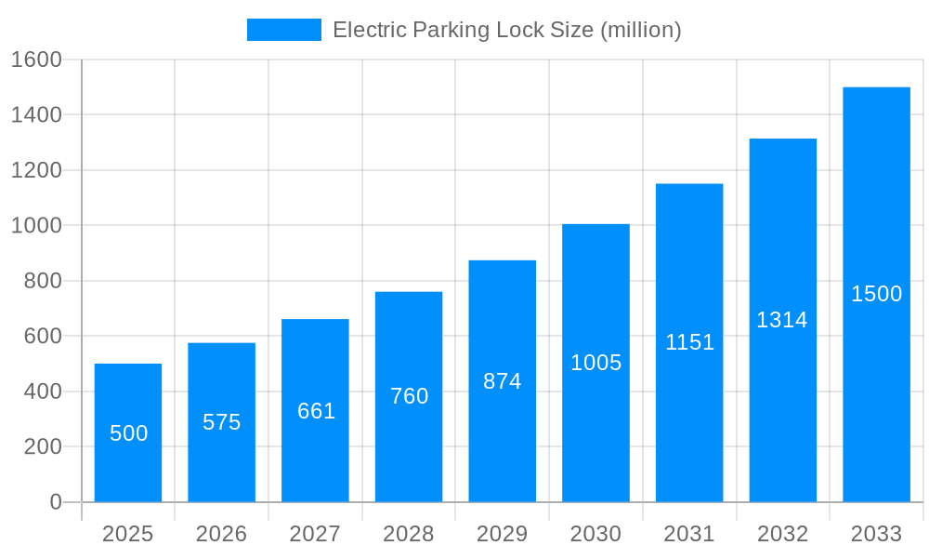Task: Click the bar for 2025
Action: point(128,432)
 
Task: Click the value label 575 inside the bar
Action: point(222,422)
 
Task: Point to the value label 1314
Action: point(782,320)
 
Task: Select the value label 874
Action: point(503,381)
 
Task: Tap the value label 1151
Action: point(689,342)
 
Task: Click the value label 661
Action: point(316,411)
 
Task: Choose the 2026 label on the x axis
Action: point(222,534)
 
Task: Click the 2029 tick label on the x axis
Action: point(503,534)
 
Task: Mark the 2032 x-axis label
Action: point(782,534)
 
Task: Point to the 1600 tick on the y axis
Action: point(36,60)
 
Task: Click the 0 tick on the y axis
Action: point(56,502)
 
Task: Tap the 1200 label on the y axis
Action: point(36,170)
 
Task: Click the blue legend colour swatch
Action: point(283,30)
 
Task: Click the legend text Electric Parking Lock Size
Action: point(506,30)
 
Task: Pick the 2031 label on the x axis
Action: point(689,534)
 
